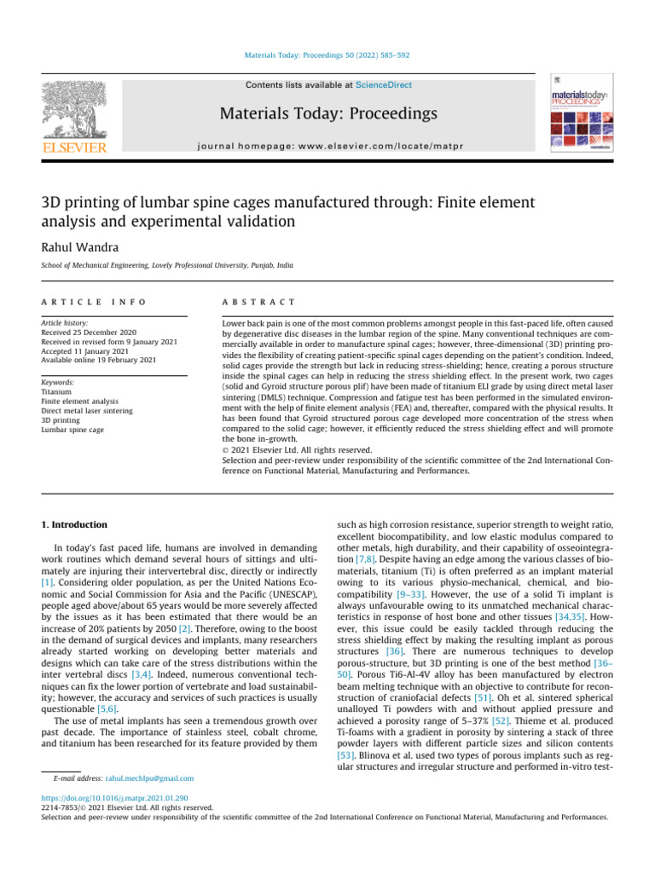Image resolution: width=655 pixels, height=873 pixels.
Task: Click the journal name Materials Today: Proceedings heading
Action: click(327, 113)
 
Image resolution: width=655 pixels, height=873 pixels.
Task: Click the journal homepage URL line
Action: click(327, 144)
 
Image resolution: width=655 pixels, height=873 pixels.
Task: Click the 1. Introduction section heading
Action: click(75, 524)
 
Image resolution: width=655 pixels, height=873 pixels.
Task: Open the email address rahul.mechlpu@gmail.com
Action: click(148, 778)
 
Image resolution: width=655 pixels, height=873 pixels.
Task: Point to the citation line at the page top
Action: click(327, 55)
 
